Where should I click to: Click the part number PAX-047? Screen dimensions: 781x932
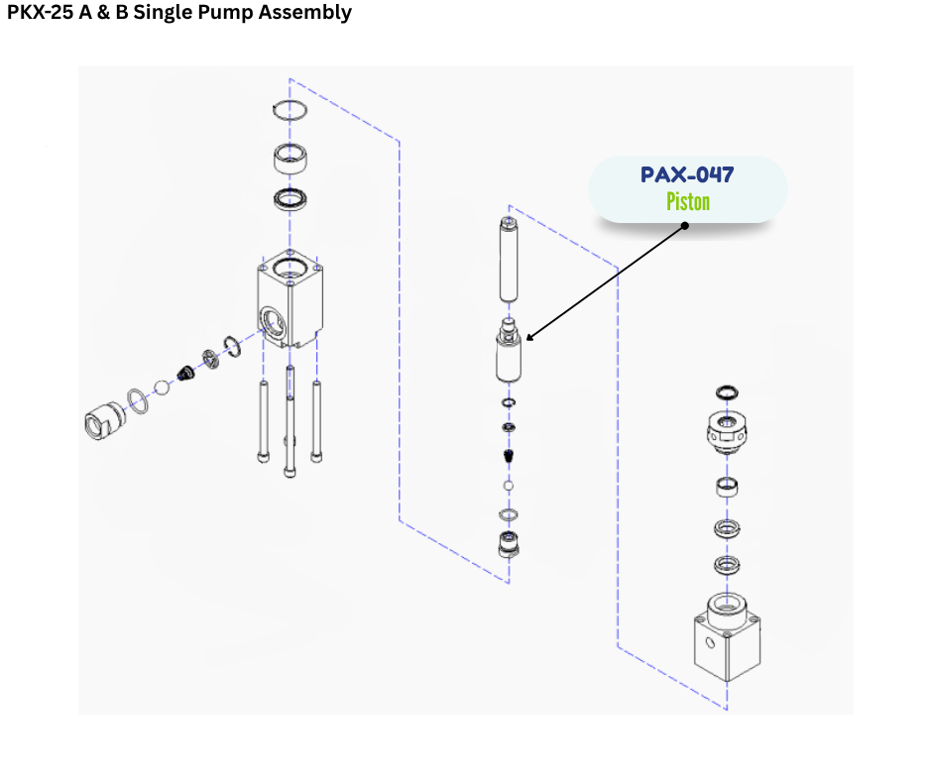point(687,175)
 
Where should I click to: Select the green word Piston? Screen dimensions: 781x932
point(687,202)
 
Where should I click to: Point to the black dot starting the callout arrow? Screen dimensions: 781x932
point(684,225)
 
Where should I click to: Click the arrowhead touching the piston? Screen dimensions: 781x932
point(529,339)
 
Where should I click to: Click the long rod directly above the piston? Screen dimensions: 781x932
point(509,261)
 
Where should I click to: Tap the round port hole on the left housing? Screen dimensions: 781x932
point(271,319)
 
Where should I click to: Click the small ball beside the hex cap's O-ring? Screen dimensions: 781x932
point(165,386)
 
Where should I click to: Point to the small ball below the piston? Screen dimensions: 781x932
point(509,487)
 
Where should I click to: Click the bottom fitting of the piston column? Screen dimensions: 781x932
point(509,544)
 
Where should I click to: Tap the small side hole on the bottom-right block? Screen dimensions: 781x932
point(710,642)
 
